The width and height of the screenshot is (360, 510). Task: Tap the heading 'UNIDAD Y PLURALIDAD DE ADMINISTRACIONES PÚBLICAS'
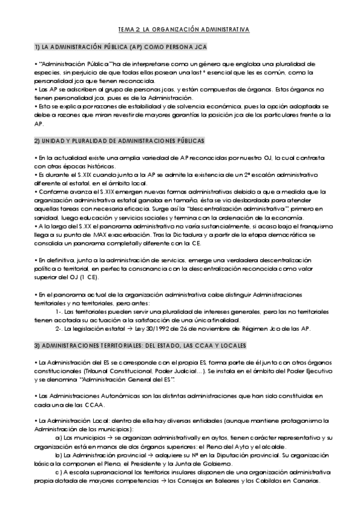[x=120, y=141]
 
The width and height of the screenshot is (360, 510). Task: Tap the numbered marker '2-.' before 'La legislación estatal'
[x=58, y=329]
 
